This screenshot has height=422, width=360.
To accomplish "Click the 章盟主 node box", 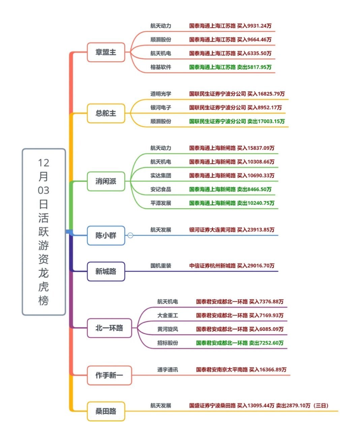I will point(106,52).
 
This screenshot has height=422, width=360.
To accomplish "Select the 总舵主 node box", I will point(106,113).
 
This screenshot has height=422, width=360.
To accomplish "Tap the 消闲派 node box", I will point(106,181).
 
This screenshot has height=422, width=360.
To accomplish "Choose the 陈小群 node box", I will point(106,235).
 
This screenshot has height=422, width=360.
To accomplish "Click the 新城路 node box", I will point(106,271).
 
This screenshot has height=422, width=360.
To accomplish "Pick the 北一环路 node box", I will point(109,328).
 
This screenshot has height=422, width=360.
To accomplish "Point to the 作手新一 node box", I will point(109,375).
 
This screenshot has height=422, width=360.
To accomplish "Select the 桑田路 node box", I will point(106,411).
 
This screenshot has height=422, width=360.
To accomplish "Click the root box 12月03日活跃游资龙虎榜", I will point(43,232).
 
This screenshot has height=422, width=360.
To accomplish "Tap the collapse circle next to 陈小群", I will point(130,235).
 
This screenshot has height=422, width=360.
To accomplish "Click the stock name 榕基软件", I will point(161,67).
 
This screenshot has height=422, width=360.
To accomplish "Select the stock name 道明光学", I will point(161,94).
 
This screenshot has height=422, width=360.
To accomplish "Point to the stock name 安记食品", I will point(161,189).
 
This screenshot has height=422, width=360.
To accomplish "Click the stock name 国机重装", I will point(161,266).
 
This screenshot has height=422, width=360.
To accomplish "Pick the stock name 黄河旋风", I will point(168,329).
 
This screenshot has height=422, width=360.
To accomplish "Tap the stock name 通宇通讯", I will point(168,370).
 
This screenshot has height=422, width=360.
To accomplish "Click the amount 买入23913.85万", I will point(256,230).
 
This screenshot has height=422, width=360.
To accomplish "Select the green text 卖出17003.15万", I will point(266,121).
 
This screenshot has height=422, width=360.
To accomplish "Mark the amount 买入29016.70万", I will point(256,266).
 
